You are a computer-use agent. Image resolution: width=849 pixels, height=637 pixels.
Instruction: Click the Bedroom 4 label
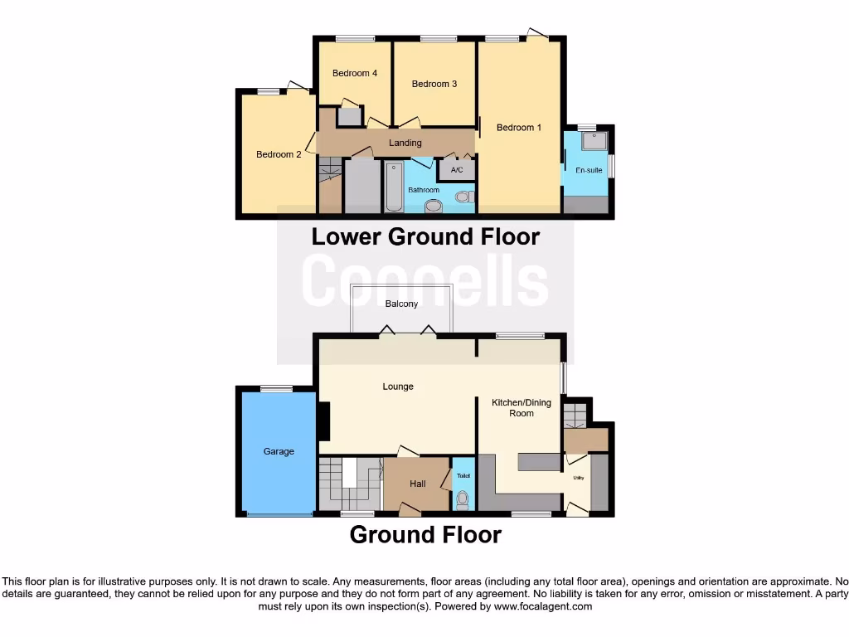355,73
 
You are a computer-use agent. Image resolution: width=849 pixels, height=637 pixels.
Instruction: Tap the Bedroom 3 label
434,84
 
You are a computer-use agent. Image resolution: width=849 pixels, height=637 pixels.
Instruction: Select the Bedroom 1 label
519,128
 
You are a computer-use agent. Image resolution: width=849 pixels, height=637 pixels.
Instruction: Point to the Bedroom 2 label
279,154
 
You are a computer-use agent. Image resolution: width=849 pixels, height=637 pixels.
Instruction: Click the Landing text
405,143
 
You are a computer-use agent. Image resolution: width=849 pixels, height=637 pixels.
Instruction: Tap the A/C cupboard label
456,171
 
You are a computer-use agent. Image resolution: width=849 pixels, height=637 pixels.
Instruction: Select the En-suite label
589,170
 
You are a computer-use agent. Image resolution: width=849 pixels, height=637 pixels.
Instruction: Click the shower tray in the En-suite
594,142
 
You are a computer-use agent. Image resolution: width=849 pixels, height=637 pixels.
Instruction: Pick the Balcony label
401,304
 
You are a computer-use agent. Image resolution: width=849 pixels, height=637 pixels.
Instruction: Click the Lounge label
398,387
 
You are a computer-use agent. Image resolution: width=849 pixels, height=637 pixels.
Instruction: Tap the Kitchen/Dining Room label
522,408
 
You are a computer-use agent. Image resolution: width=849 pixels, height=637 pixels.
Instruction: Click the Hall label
418,484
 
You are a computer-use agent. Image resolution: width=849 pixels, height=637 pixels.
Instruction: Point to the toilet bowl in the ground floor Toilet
463,499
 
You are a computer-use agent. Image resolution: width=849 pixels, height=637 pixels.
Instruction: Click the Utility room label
578,478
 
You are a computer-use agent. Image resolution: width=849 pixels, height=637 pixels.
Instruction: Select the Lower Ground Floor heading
425,237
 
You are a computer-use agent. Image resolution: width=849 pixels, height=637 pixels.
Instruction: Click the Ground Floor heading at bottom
425,535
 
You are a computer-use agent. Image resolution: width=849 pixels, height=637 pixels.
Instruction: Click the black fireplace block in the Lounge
324,421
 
